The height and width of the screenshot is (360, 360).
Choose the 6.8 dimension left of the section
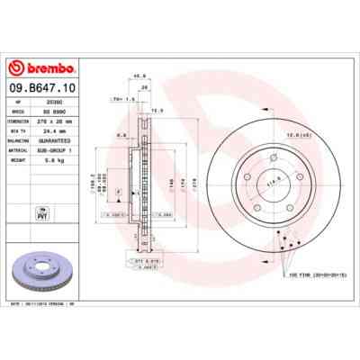coord(120,137)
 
